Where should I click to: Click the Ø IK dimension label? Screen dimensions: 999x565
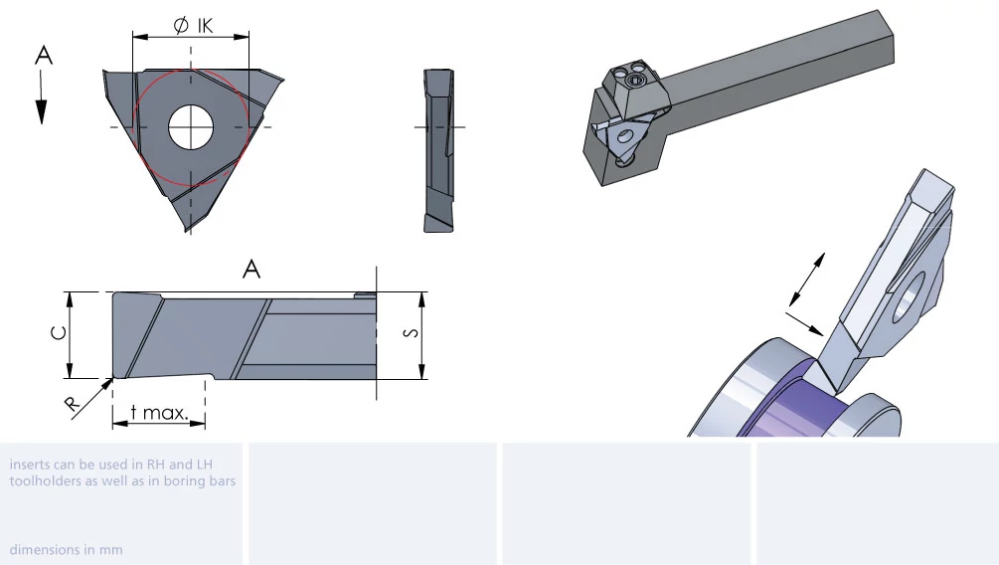tap(193, 26)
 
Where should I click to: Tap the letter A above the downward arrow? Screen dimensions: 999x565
tap(44, 56)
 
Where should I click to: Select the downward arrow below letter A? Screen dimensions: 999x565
tap(42, 96)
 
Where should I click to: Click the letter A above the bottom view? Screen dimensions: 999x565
tap(251, 270)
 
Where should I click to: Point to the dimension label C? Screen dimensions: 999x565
tap(59, 333)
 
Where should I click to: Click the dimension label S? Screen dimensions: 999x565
tap(412, 333)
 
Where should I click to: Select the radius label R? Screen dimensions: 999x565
tap(72, 403)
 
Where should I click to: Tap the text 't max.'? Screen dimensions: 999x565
tap(159, 413)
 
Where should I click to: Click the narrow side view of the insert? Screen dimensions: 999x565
tap(438, 150)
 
